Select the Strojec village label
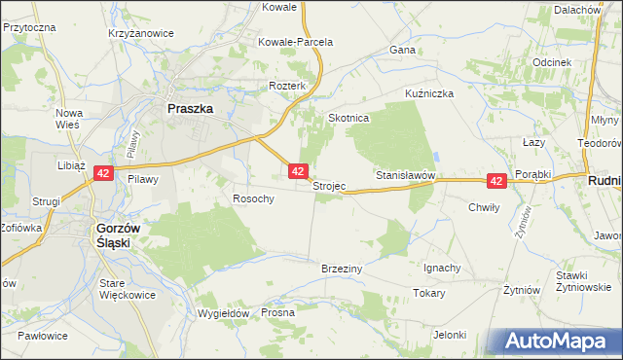329,186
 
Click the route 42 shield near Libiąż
104,173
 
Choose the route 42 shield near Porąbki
496,181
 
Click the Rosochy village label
253,198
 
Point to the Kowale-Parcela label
296,43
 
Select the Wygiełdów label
224,313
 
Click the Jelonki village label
451,335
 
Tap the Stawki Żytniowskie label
583,281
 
